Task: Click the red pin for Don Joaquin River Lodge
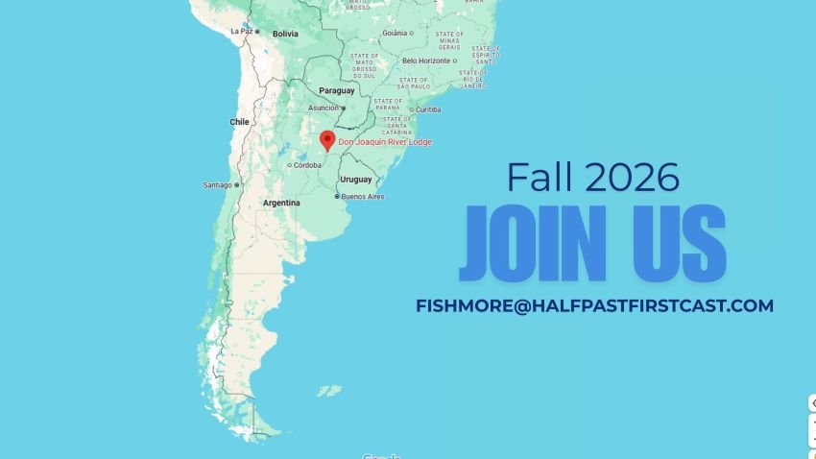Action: (326, 139)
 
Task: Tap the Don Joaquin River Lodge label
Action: (385, 142)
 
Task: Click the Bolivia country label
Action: (285, 34)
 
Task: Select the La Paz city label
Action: (240, 31)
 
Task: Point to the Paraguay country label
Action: (337, 90)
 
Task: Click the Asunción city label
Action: (324, 108)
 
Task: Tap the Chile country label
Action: (240, 122)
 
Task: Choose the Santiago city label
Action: (217, 184)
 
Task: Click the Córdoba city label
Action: (307, 164)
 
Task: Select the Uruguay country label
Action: (356, 179)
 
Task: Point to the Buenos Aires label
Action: (363, 197)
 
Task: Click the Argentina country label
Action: (281, 203)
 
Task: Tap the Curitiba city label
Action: (427, 109)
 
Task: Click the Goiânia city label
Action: (395, 33)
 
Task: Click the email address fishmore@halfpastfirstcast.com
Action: (594, 305)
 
